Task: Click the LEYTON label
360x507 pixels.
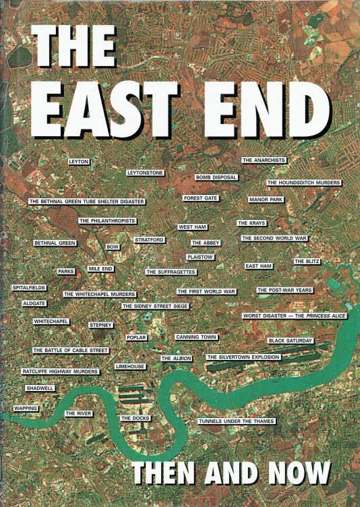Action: click(79, 162)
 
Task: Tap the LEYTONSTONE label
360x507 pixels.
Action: click(146, 173)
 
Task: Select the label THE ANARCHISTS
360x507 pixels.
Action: click(264, 160)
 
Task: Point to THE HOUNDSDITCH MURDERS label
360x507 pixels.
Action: click(303, 183)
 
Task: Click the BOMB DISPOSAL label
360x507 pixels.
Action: click(216, 177)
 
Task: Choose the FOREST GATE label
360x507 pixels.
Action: click(201, 198)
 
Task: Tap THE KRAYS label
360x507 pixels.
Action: click(252, 223)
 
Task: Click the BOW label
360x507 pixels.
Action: click(113, 247)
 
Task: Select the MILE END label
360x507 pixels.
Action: click(100, 269)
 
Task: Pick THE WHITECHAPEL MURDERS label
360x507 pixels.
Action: click(100, 295)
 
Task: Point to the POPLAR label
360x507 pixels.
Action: click(136, 337)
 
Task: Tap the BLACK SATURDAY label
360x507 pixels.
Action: click(291, 341)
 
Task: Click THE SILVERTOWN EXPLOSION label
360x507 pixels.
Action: click(243, 357)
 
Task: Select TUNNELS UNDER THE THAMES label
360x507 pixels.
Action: click(237, 421)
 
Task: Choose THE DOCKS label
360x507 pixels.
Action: click(136, 419)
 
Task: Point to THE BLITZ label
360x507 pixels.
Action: click(307, 262)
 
